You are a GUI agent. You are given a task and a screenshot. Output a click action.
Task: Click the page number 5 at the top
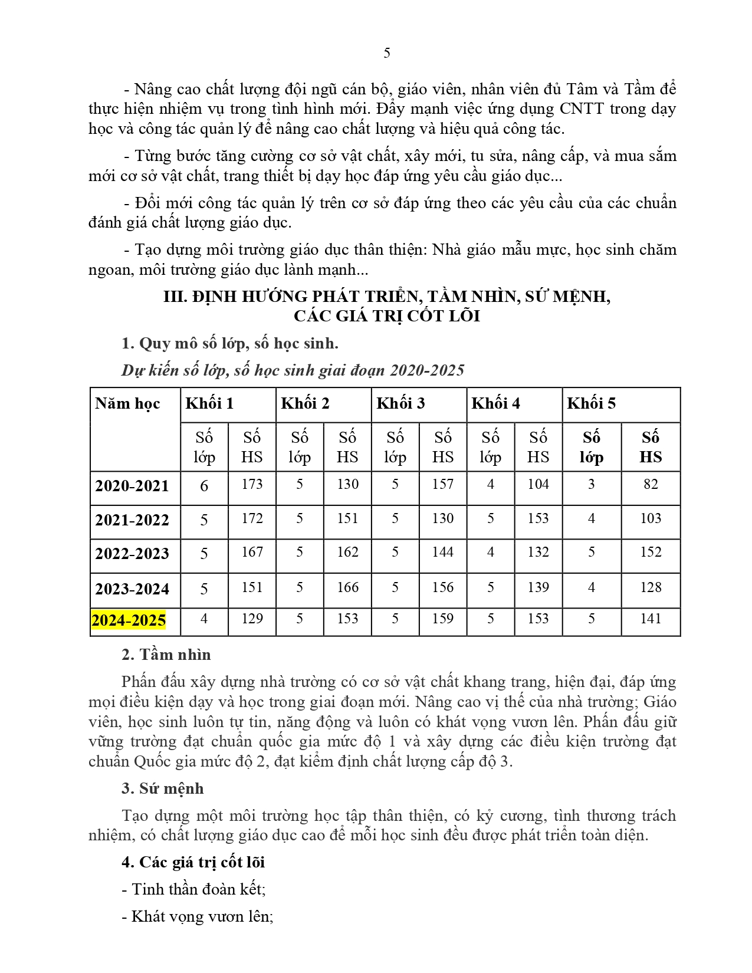386,53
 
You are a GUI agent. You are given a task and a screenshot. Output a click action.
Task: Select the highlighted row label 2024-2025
129,620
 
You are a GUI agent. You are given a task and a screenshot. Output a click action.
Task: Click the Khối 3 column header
400,403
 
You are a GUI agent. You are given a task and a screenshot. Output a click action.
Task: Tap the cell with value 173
252,484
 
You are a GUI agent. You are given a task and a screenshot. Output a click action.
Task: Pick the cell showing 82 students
651,484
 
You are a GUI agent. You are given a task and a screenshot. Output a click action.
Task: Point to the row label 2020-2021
132,486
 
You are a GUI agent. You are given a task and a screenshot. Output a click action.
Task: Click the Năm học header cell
127,403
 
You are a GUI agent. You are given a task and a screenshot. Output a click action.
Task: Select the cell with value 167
252,552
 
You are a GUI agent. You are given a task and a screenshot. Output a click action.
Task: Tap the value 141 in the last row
651,619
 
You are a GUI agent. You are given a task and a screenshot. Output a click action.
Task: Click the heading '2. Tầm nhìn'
166,655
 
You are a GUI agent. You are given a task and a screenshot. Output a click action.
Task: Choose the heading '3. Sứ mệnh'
162,788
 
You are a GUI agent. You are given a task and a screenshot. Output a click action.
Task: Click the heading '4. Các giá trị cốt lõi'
193,862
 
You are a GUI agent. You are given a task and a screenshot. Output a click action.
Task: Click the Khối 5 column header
591,403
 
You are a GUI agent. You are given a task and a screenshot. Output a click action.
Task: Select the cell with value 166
347,587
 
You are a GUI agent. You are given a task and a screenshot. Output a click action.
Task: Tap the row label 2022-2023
132,554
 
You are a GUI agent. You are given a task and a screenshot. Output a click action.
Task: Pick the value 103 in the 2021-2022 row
651,518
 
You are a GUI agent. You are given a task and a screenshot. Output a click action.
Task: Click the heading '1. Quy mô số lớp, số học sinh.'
230,343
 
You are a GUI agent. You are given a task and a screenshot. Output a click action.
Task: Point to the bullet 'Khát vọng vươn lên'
198,916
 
